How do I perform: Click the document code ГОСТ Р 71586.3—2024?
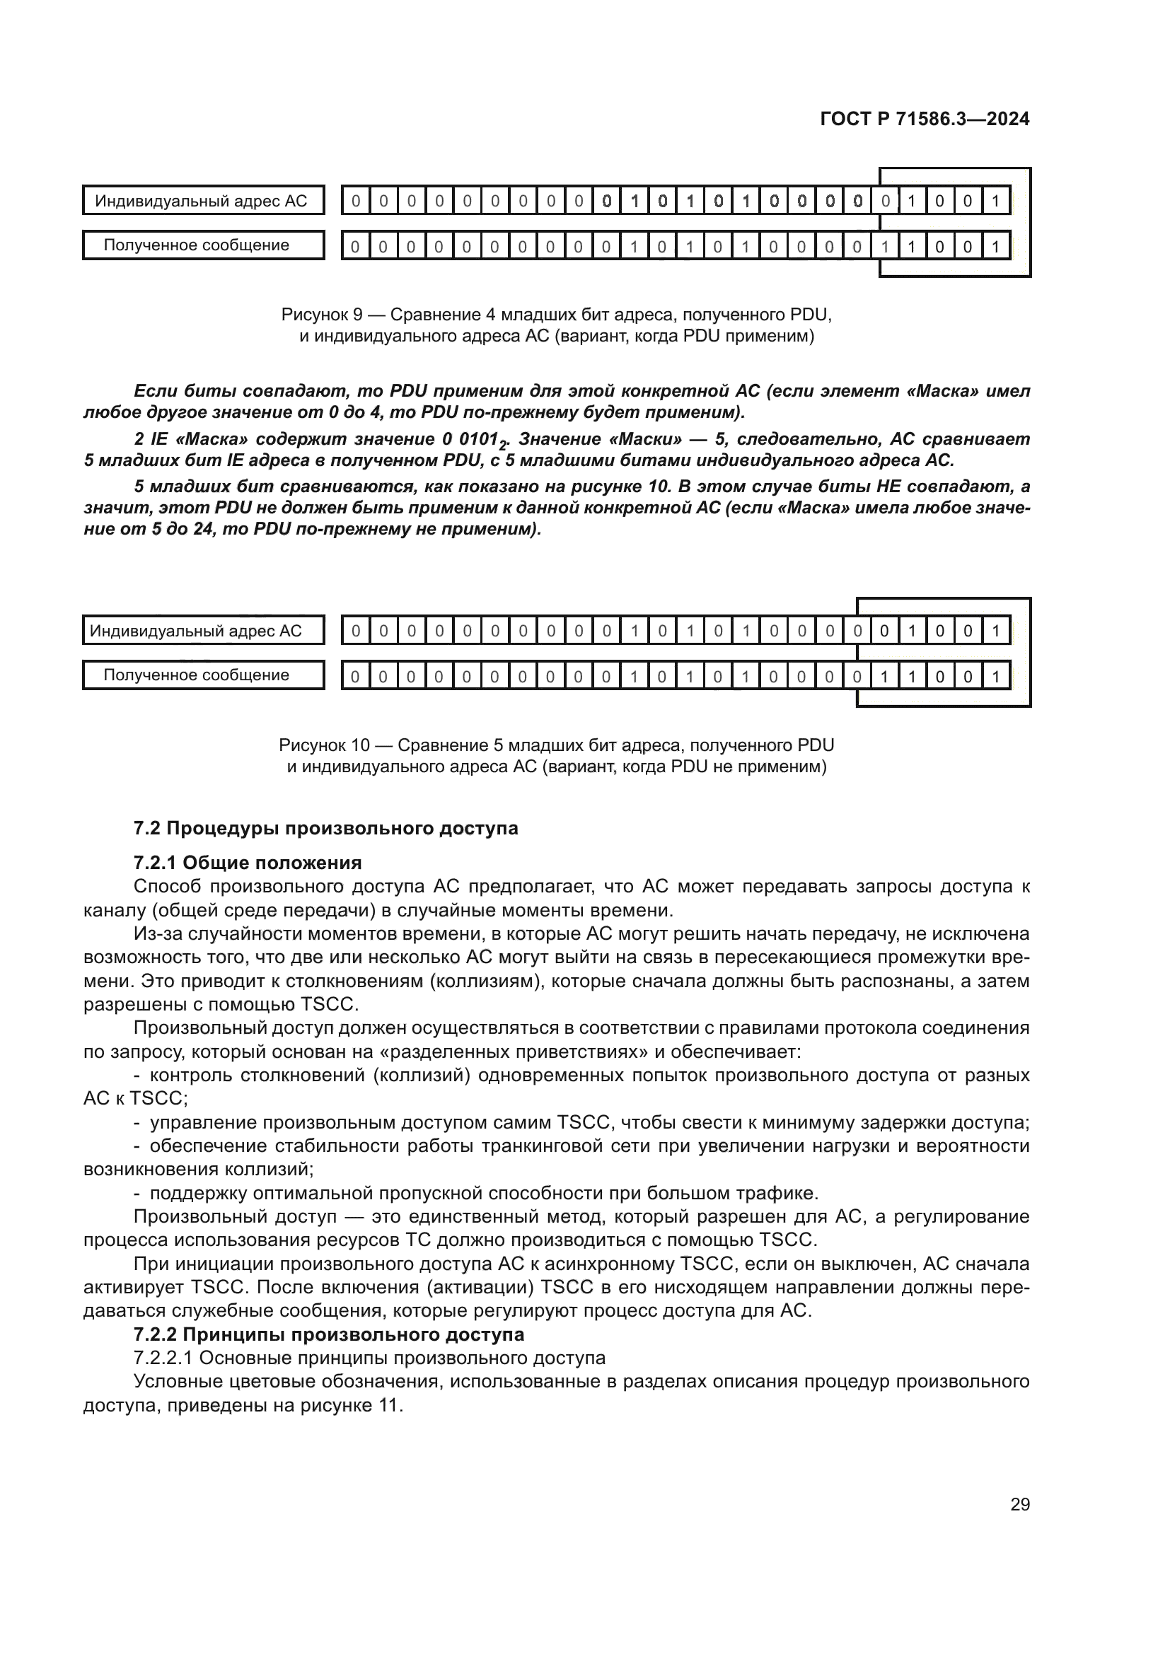pos(925,119)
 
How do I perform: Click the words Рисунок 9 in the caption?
pos(321,315)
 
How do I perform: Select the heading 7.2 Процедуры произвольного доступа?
pos(325,829)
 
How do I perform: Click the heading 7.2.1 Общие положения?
pos(247,863)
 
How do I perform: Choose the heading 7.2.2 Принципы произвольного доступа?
pos(328,1335)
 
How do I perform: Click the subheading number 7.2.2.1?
pos(163,1358)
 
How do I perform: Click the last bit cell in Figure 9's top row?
pos(995,201)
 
